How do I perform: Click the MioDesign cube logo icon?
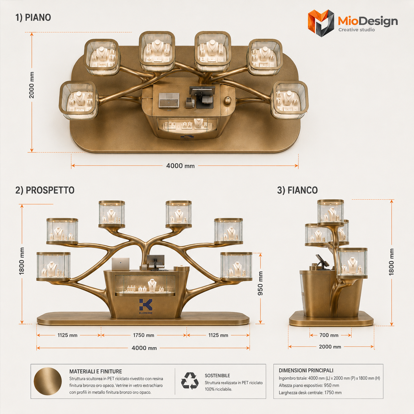point(321,23)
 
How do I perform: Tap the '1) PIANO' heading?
point(33,17)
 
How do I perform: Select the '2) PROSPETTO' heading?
point(45,190)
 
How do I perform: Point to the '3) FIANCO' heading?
point(297,190)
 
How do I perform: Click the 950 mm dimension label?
point(260,283)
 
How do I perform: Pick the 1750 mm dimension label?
point(144,335)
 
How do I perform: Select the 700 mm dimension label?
point(329,335)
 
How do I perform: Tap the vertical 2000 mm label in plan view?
point(32,85)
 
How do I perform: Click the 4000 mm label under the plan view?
point(181,166)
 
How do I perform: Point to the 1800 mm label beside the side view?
point(392,262)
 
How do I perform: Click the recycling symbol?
point(190,381)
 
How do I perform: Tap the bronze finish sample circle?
point(48,381)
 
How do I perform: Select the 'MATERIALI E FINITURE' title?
point(96,371)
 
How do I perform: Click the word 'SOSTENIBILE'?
point(218,376)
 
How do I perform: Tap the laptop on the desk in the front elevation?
point(121,264)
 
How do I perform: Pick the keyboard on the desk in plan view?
point(169,100)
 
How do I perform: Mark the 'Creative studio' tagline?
point(357,30)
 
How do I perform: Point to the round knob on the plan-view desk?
point(227,100)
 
